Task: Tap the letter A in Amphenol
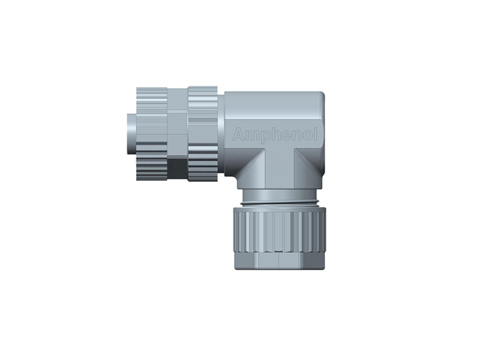[238, 135]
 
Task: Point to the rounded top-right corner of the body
[319, 97]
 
